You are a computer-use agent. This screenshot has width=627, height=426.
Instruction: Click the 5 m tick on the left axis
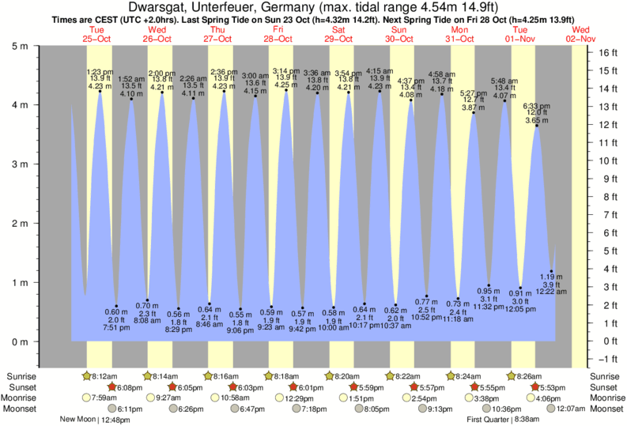pyautogui.click(x=38, y=45)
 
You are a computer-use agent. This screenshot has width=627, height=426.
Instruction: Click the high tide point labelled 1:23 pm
pyautogui.click(x=100, y=92)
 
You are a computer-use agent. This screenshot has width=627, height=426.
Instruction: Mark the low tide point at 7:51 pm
pyautogui.click(x=116, y=306)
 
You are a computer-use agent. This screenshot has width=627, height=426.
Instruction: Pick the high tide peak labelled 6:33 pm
pyautogui.click(x=537, y=126)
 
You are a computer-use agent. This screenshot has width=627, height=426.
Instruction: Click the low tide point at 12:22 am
pyautogui.click(x=552, y=271)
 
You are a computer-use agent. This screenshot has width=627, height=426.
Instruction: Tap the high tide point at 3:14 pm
pyautogui.click(x=286, y=90)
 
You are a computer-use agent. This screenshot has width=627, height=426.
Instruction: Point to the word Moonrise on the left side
pyautogui.click(x=23, y=398)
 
